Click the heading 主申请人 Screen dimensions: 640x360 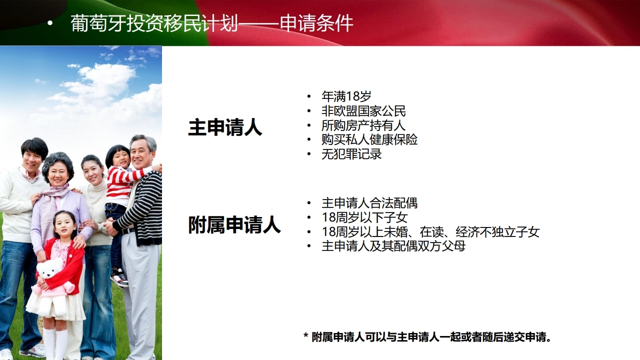pos(225,127)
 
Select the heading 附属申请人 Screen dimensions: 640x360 pos(234,225)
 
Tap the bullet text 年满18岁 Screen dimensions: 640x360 pos(346,96)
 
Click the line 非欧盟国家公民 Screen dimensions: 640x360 pos(363,111)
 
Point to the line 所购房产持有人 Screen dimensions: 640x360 pos(363,125)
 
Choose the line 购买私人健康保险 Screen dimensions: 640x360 pos(369,139)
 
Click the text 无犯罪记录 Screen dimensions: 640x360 pos(351,154)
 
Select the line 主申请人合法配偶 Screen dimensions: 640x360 pos(369,203)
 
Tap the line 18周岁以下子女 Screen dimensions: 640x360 pos(364,217)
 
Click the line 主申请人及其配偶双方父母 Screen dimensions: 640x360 pos(393,246)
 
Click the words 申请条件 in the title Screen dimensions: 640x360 pos(316,23)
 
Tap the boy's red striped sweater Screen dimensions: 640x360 pos(122,183)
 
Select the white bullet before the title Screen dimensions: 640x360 pos(50,23)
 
